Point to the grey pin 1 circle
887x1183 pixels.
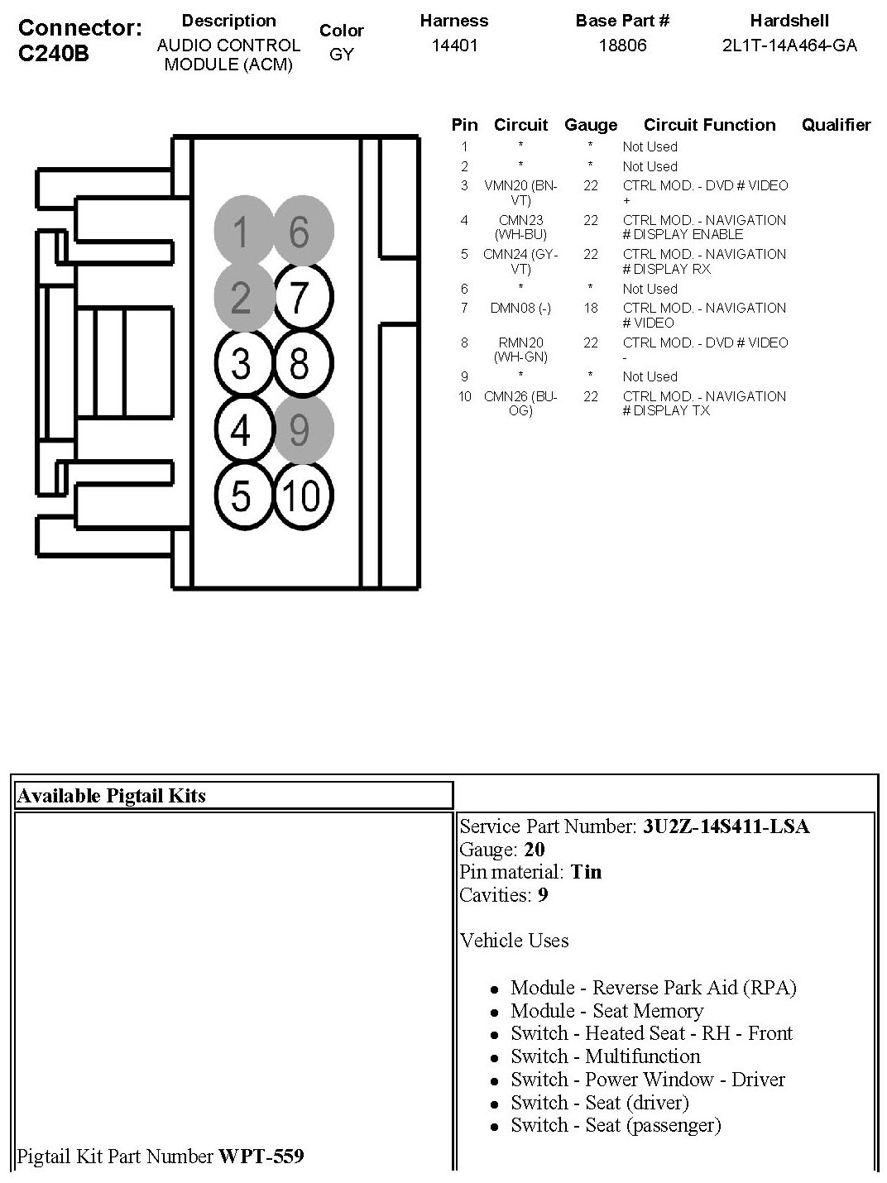tap(241, 232)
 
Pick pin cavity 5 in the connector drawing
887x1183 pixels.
tap(241, 496)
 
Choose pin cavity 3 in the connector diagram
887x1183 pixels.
tap(241, 363)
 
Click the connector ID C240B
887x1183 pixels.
tap(53, 53)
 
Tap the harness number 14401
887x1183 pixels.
tap(454, 45)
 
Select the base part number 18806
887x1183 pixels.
tap(622, 45)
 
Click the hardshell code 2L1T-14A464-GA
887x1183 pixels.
tap(789, 45)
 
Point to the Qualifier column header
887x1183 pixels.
tap(836, 125)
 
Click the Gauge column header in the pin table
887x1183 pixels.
tap(591, 125)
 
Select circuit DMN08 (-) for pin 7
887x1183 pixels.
tap(520, 308)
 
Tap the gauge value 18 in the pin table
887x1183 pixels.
tap(590, 308)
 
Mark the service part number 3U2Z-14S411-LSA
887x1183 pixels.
tap(726, 826)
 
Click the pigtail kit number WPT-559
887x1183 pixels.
tap(261, 1156)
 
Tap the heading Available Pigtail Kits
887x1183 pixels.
tap(111, 796)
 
